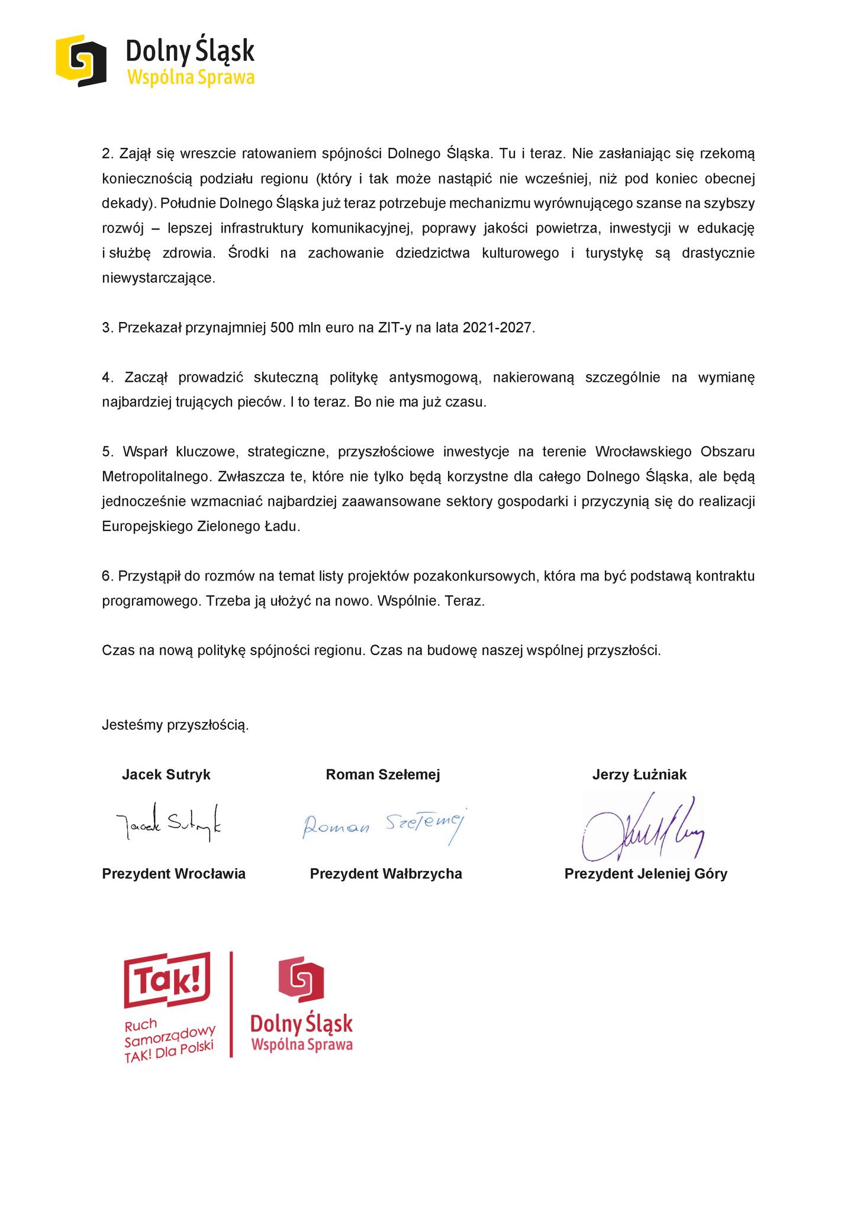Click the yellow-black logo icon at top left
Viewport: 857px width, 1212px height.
(x=81, y=60)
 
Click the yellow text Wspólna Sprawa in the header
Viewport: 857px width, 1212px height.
(x=191, y=78)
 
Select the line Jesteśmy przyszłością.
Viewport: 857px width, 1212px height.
(x=175, y=724)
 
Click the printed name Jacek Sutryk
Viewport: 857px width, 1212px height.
(x=166, y=775)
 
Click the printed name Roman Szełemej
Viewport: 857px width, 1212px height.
(x=383, y=775)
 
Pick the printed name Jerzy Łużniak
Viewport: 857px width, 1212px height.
(x=639, y=775)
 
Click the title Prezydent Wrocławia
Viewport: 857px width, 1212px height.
(x=173, y=873)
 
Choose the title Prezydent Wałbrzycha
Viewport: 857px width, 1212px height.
(x=386, y=873)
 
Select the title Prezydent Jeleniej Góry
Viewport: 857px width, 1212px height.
(x=646, y=873)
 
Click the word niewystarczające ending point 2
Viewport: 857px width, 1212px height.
(x=159, y=278)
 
